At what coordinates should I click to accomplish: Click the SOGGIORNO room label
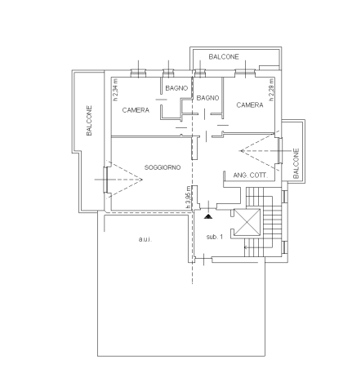click(163, 167)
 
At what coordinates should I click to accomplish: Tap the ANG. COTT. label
click(251, 176)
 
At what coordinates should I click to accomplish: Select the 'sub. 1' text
click(215, 237)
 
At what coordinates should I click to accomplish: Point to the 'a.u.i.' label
click(145, 239)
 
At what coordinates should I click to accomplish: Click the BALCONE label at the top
click(224, 56)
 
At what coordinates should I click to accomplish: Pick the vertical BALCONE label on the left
click(89, 121)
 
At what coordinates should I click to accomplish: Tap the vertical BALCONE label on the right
click(296, 163)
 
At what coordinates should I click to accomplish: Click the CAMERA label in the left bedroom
click(136, 110)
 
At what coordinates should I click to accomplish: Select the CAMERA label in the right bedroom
click(250, 105)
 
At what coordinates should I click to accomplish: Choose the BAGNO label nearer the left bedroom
click(176, 88)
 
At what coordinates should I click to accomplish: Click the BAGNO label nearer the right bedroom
click(207, 98)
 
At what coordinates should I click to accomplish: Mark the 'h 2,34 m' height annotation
click(116, 90)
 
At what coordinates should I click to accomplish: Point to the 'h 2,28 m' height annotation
click(271, 90)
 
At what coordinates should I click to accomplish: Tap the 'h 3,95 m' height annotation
click(189, 198)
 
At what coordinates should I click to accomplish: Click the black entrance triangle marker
click(208, 216)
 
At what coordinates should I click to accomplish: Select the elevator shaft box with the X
click(247, 222)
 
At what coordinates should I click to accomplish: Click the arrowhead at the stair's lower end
click(246, 247)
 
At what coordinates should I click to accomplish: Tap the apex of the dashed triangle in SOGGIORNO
click(142, 180)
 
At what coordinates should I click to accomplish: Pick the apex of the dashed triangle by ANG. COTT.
click(240, 150)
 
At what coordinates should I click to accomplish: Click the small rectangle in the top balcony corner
click(269, 68)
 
